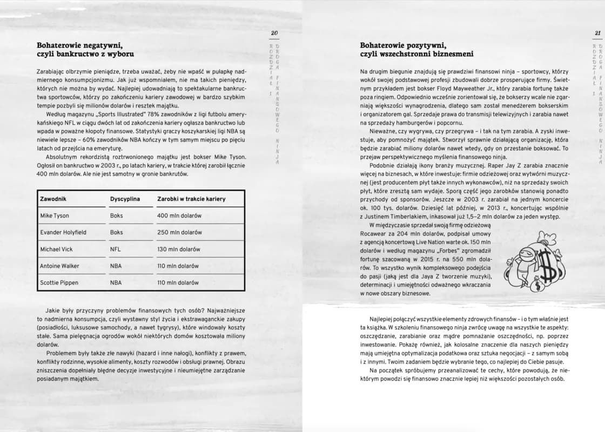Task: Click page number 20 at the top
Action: click(x=274, y=33)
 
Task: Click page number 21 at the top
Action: click(x=597, y=33)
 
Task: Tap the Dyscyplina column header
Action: click(x=125, y=199)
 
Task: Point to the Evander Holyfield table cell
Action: click(x=63, y=232)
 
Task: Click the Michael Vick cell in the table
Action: click(x=56, y=249)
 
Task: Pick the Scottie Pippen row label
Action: click(x=59, y=282)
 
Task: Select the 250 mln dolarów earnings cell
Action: click(x=179, y=232)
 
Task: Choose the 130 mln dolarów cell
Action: click(x=178, y=249)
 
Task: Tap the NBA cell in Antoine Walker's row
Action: click(x=116, y=266)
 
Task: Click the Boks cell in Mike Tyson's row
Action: click(x=116, y=215)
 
